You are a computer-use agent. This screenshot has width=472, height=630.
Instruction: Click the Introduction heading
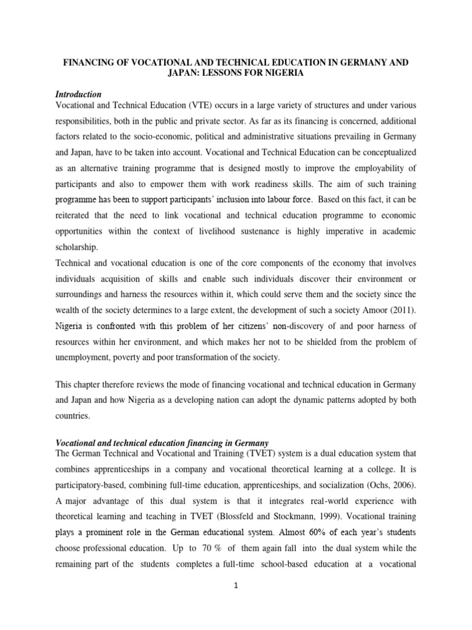tap(78, 94)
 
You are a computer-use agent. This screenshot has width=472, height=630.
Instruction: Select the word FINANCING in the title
tap(90, 63)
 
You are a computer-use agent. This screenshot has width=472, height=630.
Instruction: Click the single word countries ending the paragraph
tap(73, 415)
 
